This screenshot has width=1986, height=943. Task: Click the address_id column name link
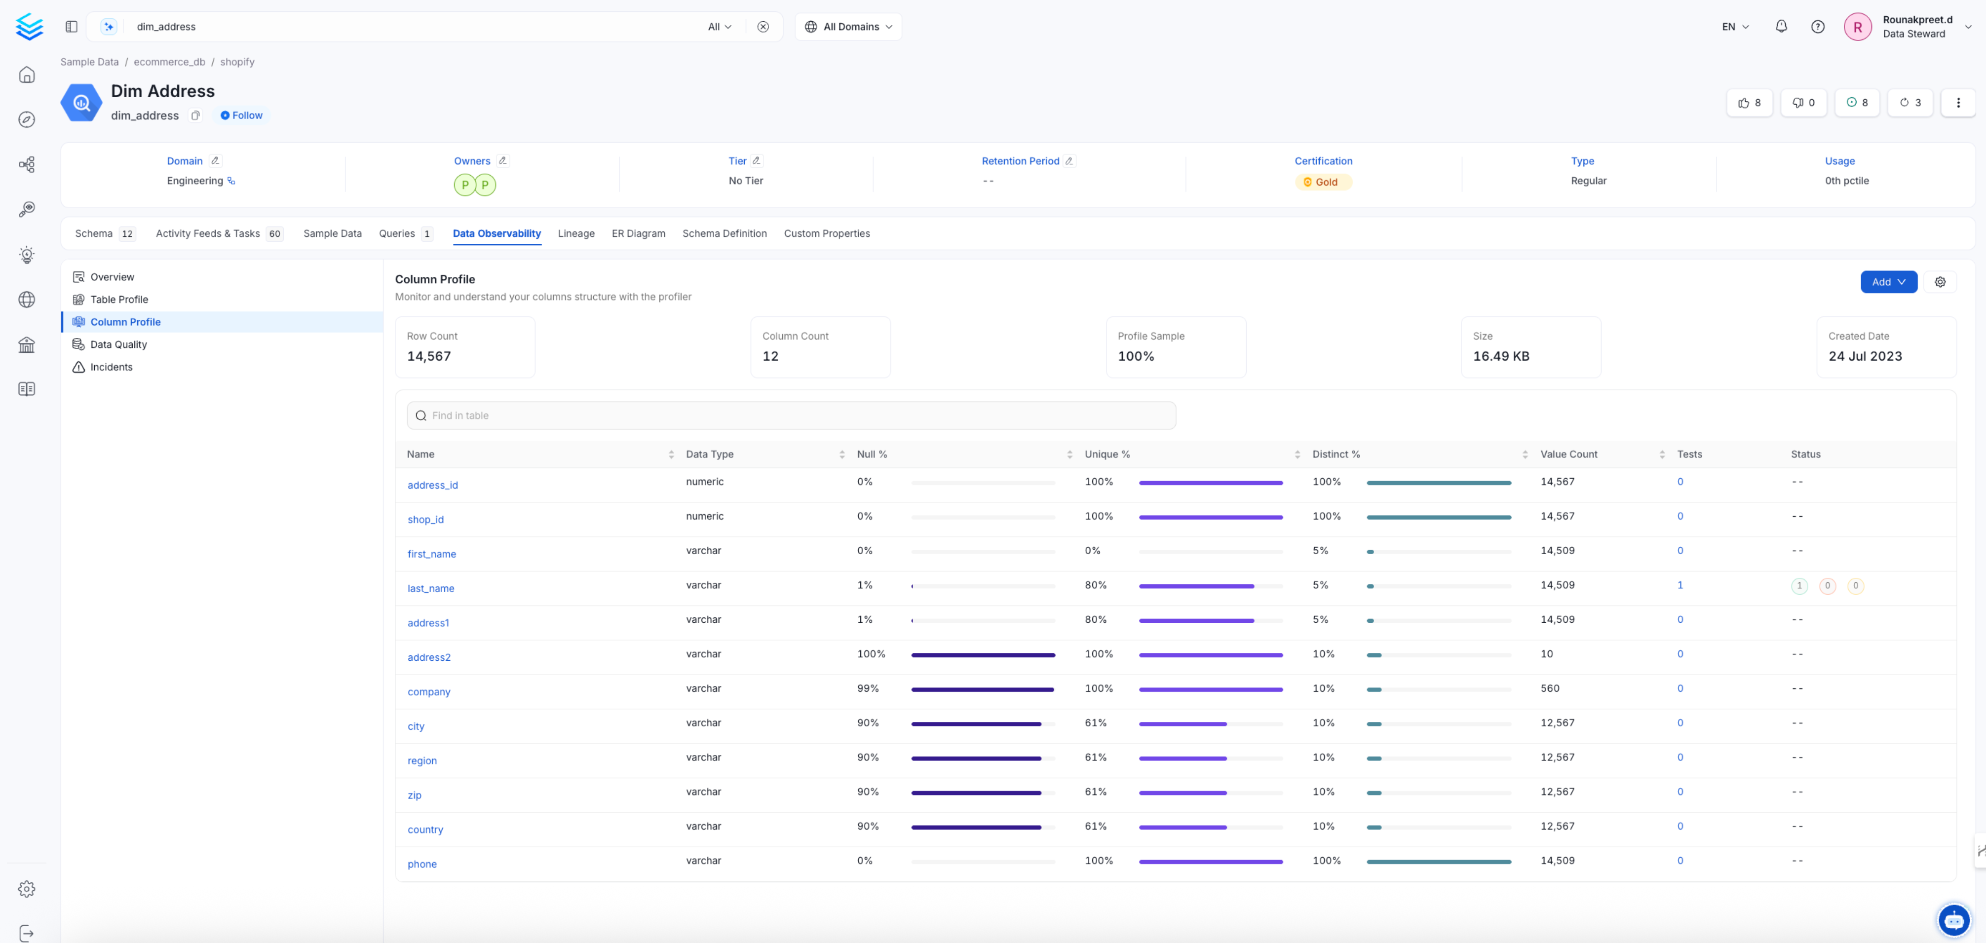tap(432, 485)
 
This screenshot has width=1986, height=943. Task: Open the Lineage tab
tap(576, 233)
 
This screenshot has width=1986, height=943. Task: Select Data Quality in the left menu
tap(118, 344)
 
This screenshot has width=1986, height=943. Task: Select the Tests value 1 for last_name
tap(1680, 585)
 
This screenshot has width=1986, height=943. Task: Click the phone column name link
tap(421, 865)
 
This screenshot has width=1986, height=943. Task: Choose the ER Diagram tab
tap(638, 233)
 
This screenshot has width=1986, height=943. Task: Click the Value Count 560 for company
tap(1550, 688)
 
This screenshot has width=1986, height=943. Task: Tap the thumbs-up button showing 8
tap(1749, 103)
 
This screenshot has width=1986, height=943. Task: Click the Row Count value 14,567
tap(429, 356)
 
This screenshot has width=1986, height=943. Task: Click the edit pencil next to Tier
tap(756, 160)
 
